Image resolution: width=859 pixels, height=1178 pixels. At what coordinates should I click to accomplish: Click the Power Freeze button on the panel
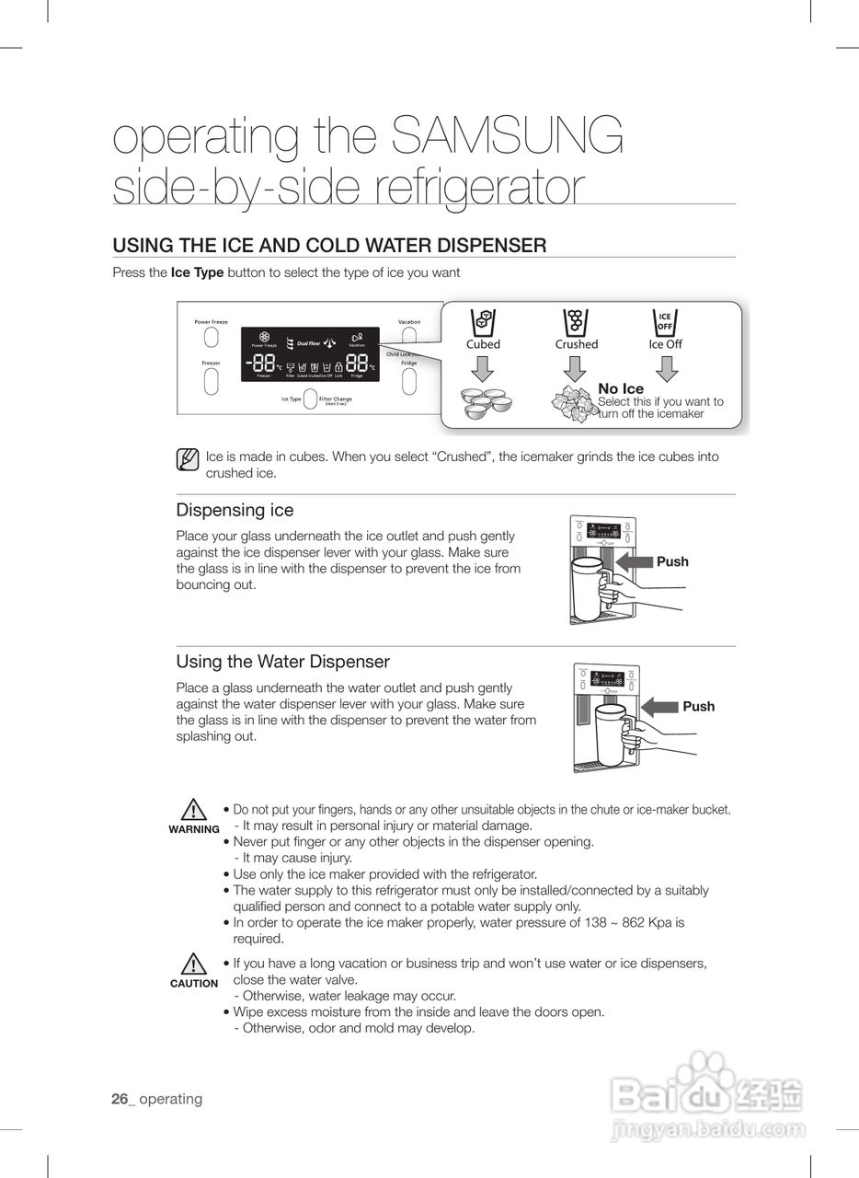[211, 338]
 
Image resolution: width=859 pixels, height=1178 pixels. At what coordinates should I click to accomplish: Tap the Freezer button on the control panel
[211, 381]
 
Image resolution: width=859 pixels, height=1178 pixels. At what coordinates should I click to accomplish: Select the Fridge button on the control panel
[409, 381]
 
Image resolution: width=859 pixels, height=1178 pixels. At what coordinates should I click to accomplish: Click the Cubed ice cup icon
[483, 322]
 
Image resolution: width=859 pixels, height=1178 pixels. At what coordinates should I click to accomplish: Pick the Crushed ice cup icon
[576, 322]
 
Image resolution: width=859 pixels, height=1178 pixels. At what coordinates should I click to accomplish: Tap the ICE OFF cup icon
[665, 322]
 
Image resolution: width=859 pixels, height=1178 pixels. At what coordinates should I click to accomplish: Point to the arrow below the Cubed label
[483, 368]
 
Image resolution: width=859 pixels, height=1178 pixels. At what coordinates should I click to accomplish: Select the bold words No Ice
[621, 389]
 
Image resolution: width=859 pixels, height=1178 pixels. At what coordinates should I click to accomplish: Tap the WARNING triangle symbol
[193, 811]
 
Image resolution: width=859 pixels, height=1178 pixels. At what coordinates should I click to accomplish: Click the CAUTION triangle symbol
[193, 964]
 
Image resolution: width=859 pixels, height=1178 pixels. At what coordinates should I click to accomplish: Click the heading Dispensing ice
[235, 510]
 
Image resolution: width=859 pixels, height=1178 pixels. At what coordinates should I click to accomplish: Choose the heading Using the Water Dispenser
[282, 662]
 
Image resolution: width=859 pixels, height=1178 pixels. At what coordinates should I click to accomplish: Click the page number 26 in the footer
[120, 1099]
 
